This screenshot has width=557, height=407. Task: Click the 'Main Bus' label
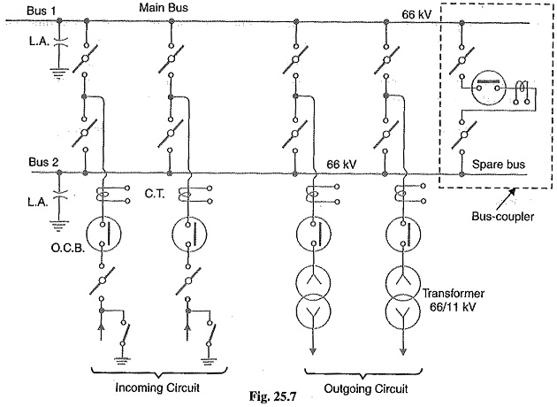click(x=163, y=7)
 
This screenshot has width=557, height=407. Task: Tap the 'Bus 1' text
click(x=41, y=11)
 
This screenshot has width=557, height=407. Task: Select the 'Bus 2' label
click(x=43, y=163)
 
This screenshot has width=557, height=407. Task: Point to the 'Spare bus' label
click(x=498, y=165)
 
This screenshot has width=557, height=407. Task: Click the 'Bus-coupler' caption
click(x=502, y=216)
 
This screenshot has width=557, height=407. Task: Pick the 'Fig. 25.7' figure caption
click(x=272, y=396)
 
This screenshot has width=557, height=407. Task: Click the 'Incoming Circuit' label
click(x=157, y=388)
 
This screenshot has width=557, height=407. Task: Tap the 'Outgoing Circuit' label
click(x=365, y=389)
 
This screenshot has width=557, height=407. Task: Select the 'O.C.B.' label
click(x=68, y=248)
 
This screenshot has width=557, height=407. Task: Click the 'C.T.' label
click(x=155, y=194)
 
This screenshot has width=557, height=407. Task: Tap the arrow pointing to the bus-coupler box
click(x=505, y=199)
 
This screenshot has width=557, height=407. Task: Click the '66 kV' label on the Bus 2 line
click(x=341, y=165)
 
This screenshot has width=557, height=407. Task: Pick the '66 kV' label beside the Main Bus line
click(x=416, y=14)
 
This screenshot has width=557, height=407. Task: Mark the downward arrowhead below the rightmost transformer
click(x=403, y=351)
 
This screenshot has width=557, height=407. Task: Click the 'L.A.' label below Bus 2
click(x=38, y=203)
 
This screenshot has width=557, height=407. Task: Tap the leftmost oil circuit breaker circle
click(x=103, y=234)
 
